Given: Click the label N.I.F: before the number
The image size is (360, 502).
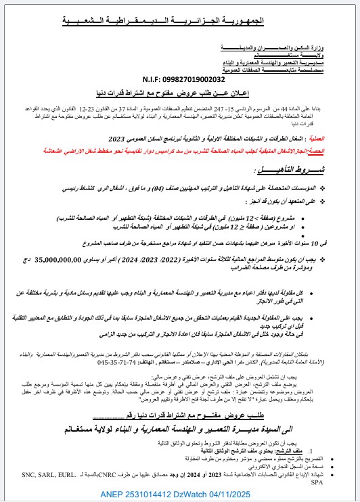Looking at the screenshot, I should [163, 79].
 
